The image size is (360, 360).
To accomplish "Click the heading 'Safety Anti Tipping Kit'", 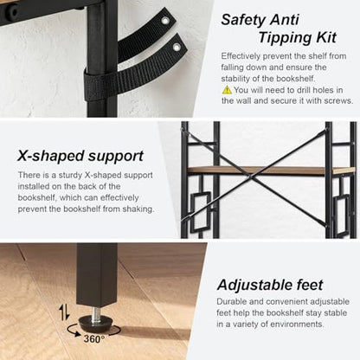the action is point(279,29).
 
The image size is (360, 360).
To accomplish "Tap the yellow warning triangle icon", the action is point(227,90).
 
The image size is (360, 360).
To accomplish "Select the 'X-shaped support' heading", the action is point(80,156).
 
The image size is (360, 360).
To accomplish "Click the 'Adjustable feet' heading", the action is point(270,285).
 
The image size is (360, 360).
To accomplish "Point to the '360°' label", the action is point(94,338).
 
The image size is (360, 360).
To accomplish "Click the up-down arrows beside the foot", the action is point(64,312).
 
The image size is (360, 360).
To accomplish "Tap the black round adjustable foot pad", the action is point(95,324).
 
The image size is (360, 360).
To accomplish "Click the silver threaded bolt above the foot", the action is point(95,312).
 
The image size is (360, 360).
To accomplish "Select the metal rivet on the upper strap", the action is point(165,20).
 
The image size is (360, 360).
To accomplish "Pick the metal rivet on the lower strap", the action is point(177,47).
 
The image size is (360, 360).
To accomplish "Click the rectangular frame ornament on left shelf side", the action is point(200,211).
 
